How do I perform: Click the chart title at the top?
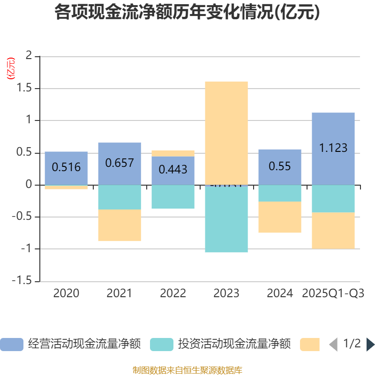click(187, 13)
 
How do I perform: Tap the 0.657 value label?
click(120, 163)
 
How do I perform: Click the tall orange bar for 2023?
click(226, 131)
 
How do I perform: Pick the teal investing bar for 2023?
click(226, 219)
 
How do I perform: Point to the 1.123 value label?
click(333, 148)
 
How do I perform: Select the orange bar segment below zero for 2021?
click(120, 225)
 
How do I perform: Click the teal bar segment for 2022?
click(173, 197)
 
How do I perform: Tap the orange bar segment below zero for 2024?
click(280, 217)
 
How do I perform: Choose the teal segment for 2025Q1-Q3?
click(333, 199)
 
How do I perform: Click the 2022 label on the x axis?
click(173, 293)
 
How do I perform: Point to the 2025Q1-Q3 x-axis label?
click(333, 293)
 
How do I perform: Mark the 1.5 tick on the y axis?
click(24, 89)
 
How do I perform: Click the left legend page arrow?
click(333, 345)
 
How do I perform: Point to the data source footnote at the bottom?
click(187, 370)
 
